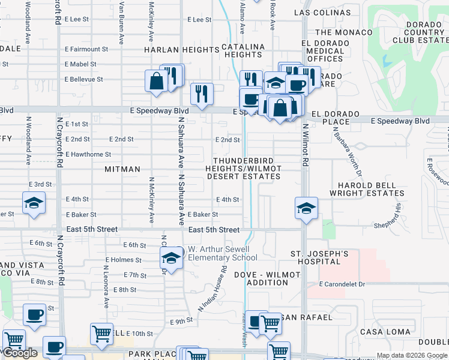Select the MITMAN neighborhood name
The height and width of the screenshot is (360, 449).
pos(122,170)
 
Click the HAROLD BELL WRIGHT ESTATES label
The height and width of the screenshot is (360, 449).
pos(367,189)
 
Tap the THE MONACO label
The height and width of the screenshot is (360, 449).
pos(340,32)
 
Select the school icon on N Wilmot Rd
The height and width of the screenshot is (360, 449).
pos(306,208)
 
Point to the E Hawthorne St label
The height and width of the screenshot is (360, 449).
pos(88,154)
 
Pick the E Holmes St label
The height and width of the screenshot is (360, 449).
pos(123,260)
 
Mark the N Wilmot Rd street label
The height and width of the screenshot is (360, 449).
pos(305,145)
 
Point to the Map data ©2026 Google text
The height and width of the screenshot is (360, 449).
pos(411,355)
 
